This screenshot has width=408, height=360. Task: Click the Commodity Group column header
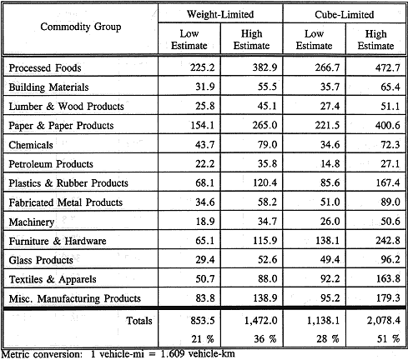pos(81,27)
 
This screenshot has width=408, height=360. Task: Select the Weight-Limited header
pos(220,14)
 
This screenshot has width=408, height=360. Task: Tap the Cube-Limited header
pos(345,14)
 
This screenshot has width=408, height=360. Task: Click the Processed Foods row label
pos(45,67)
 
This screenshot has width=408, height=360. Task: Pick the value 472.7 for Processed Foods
pos(387,67)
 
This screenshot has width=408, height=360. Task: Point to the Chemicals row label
pos(31,145)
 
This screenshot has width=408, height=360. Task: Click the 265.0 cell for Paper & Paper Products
pos(264,125)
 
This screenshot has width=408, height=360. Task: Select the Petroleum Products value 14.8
pos(330,163)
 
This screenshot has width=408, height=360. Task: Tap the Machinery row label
pos(32,222)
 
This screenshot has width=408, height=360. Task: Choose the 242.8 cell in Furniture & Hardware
pos(388,240)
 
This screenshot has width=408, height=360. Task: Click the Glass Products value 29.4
pos(205,259)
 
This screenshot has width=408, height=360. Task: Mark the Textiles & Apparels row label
pos(53,279)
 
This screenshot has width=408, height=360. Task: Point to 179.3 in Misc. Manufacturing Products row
pos(388,297)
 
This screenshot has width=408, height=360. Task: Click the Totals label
pos(139,321)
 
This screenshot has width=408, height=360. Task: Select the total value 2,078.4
pos(384,321)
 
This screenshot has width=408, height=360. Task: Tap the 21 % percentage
pos(203,339)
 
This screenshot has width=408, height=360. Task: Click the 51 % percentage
pos(388,339)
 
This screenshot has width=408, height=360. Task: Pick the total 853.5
pos(203,321)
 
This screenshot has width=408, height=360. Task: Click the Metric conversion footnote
pos(118,354)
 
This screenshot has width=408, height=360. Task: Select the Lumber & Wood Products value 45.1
pos(267,106)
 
